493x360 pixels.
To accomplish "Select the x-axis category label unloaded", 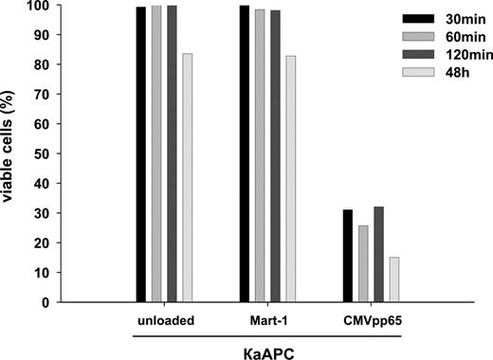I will [167, 320].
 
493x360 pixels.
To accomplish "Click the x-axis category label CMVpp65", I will [370, 320].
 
